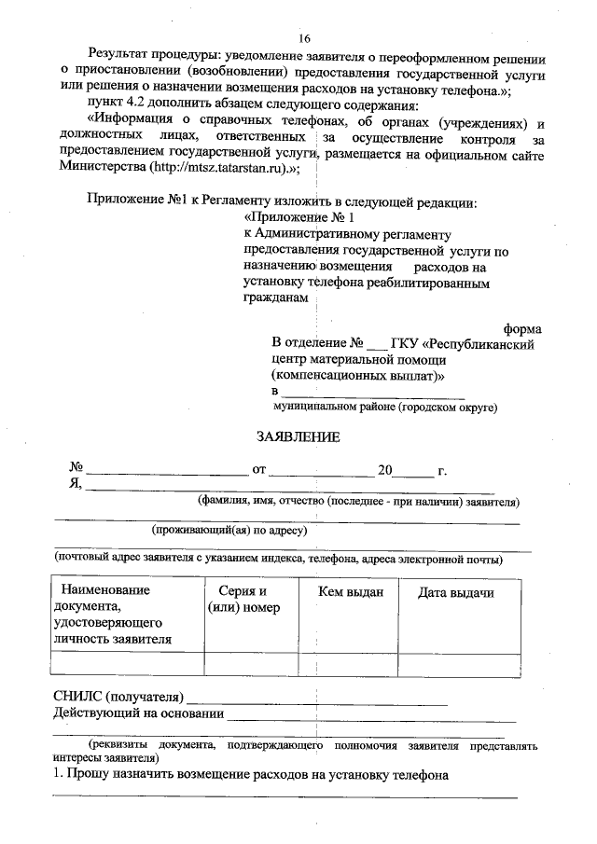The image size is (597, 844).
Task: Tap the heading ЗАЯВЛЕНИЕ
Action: tap(298, 436)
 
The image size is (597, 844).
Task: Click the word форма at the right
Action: tap(523, 329)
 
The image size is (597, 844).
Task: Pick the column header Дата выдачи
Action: tap(455, 593)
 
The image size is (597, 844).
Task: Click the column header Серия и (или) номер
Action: tap(243, 601)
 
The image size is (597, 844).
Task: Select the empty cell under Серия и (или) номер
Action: tap(243, 664)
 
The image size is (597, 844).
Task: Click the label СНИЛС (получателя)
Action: tap(118, 698)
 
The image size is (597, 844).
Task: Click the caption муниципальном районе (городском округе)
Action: tap(385, 408)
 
